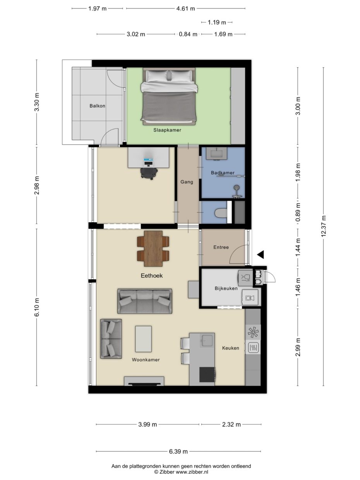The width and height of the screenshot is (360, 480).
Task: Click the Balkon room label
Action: click(x=97, y=106)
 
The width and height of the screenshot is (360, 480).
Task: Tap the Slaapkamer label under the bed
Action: click(x=167, y=130)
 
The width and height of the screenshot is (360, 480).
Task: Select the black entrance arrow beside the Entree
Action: click(x=261, y=254)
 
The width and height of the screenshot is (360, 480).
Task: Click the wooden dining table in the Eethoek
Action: click(x=153, y=249)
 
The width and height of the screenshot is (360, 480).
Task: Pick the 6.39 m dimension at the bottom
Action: click(x=178, y=451)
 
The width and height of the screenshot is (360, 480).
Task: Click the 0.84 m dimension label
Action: click(x=188, y=34)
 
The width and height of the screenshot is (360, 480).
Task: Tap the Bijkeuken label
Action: click(x=226, y=288)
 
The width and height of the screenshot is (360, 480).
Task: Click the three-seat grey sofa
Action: click(x=145, y=301)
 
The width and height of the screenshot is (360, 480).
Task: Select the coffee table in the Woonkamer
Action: click(x=143, y=339)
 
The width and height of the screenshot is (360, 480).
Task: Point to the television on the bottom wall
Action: click(x=144, y=384)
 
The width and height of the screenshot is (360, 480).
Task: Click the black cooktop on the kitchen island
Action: click(x=207, y=375)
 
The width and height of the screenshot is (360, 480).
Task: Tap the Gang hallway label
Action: click(x=187, y=182)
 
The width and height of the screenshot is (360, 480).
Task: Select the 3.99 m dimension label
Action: click(x=147, y=424)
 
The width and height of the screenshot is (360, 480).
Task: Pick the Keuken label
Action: click(x=230, y=348)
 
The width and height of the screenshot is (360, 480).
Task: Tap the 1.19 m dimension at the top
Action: click(x=217, y=22)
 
